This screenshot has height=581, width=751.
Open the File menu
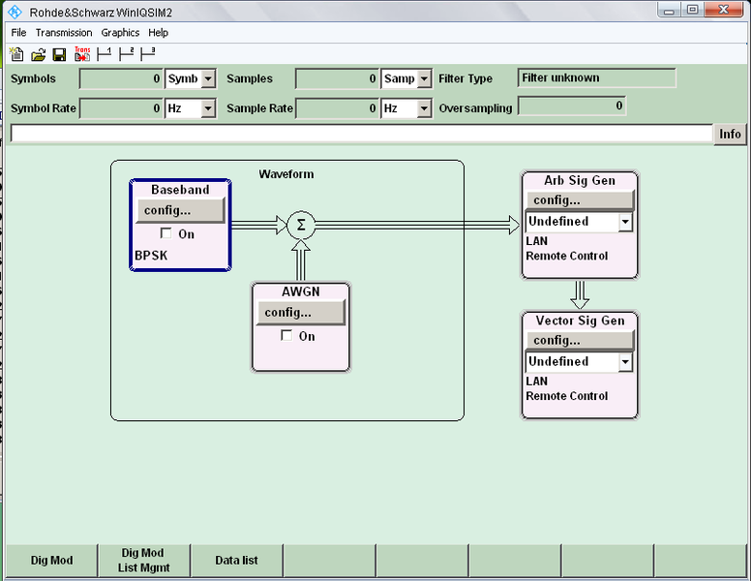18,32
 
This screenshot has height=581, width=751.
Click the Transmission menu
64,32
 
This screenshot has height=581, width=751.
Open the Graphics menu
120,32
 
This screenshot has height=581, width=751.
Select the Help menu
158,32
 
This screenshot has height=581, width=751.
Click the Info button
730,135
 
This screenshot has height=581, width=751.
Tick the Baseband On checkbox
166,233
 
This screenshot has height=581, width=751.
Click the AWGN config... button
298,312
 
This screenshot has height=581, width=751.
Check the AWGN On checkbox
286,336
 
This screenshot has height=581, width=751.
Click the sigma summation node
301,226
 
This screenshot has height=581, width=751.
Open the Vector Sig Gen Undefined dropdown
625,362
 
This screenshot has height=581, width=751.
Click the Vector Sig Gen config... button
579,340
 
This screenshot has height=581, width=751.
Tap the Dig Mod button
51,560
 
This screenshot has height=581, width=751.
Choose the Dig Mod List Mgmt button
142,560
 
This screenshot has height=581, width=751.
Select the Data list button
236,560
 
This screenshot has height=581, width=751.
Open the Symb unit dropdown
208,79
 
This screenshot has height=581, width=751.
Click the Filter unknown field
596,78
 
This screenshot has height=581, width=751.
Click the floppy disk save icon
59,54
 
